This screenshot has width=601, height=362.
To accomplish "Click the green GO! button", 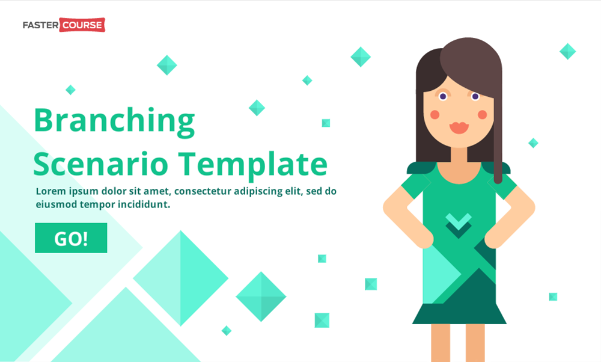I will [71, 238].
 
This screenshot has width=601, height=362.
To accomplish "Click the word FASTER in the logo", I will [40, 25].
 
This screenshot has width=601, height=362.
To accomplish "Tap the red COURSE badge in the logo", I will [82, 25].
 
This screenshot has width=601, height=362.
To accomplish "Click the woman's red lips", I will [459, 127].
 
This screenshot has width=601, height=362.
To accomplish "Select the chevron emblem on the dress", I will [459, 222].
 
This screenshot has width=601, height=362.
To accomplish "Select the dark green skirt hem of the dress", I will [459, 314].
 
